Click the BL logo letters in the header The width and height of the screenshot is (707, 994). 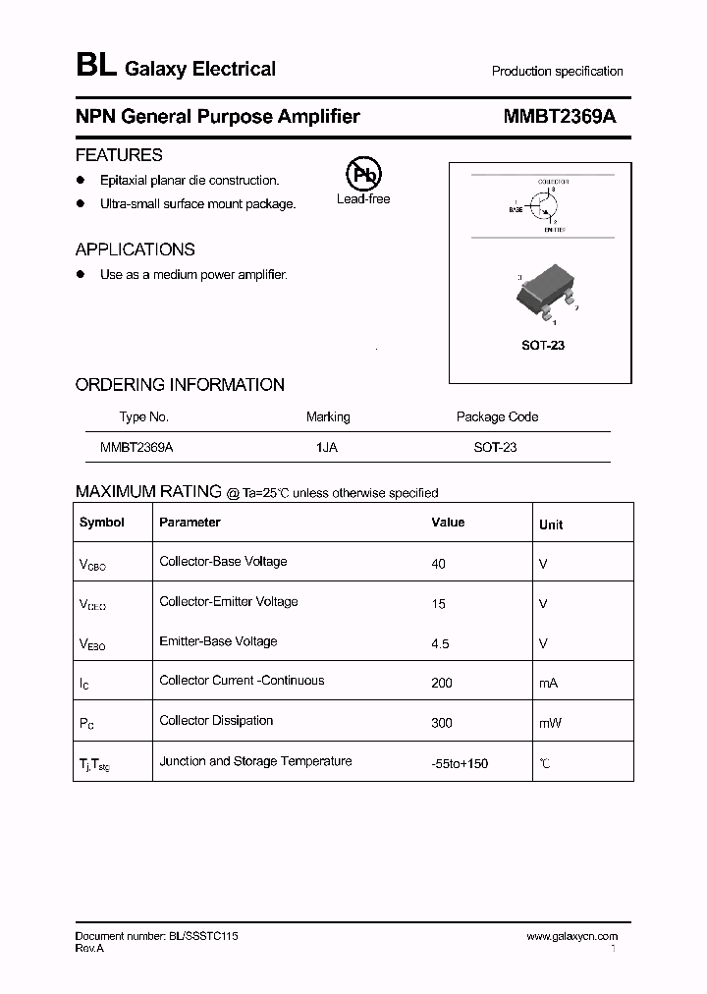click(x=95, y=67)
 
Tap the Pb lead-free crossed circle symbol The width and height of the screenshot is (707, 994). click(x=363, y=175)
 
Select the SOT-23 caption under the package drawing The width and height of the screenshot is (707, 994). click(x=542, y=346)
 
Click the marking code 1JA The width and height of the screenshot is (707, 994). click(x=327, y=447)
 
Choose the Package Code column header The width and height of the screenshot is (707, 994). click(x=497, y=416)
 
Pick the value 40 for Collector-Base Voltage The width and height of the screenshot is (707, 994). click(x=438, y=564)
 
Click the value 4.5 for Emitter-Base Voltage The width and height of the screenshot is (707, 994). click(x=440, y=643)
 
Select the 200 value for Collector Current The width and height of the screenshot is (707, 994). click(x=442, y=683)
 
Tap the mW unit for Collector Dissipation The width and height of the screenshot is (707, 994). click(x=550, y=723)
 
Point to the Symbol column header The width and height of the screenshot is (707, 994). click(x=102, y=523)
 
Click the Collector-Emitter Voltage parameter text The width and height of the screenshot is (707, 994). click(x=228, y=602)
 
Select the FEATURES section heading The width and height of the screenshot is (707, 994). click(x=119, y=155)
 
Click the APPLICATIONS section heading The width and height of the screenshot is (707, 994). click(x=135, y=249)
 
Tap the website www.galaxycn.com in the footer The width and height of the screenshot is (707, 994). click(x=571, y=936)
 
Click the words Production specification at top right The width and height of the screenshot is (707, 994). click(x=557, y=72)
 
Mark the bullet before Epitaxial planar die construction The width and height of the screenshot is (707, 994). click(x=82, y=181)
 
